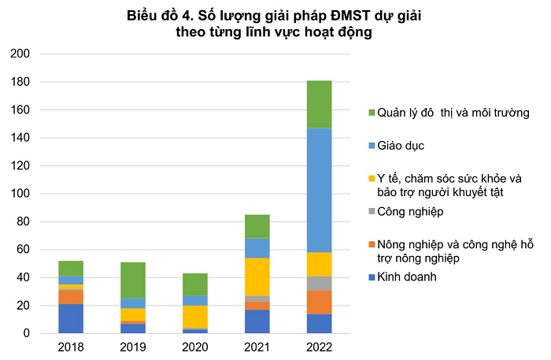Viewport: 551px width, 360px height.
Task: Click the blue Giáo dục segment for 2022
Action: [319, 190]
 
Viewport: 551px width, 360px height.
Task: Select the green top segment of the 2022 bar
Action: [319, 104]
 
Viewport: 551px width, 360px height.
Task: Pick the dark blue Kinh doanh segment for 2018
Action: [71, 318]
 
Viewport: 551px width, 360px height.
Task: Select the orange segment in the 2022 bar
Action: [319, 302]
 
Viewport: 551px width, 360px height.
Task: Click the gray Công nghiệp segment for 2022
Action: [319, 283]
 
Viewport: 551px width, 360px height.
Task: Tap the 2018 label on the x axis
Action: [71, 347]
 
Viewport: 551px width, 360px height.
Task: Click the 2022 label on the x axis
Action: [319, 347]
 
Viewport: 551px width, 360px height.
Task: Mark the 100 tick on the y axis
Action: [20, 194]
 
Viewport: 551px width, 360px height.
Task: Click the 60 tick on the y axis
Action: [23, 250]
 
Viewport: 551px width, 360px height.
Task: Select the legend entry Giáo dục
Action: [402, 146]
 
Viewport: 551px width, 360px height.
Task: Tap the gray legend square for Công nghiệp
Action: [372, 212]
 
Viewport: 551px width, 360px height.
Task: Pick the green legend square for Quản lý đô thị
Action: [372, 113]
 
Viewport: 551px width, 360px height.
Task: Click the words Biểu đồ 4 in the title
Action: [157, 16]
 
